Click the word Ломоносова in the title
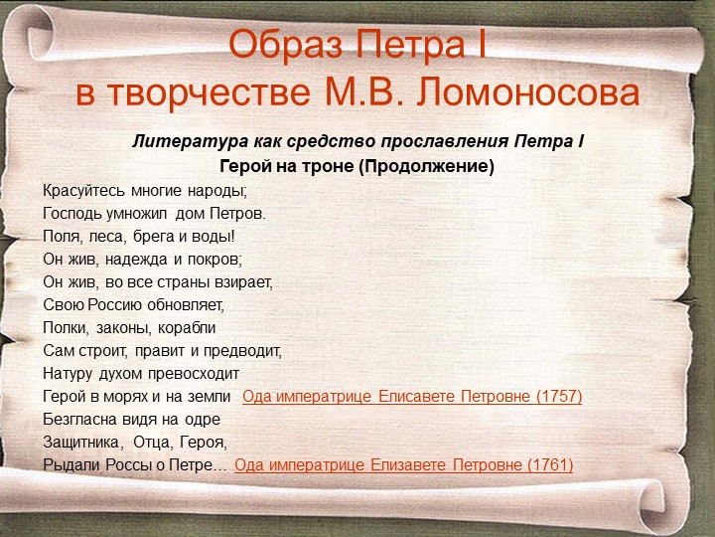click(528, 92)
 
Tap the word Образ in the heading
click(285, 45)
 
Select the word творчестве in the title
click(210, 93)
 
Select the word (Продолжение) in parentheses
click(426, 166)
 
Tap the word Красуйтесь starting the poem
click(83, 190)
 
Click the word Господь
click(72, 213)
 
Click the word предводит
click(242, 351)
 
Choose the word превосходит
click(194, 374)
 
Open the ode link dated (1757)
click(412, 397)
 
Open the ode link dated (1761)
click(403, 464)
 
